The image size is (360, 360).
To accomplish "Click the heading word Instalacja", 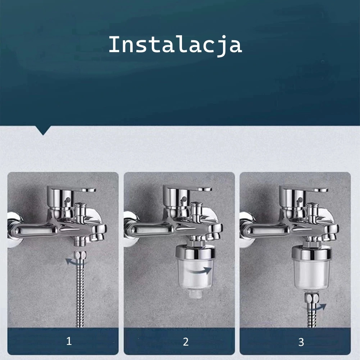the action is tap(175, 45).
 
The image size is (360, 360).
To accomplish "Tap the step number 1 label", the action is tap(69, 341).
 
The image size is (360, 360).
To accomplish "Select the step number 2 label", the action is tap(186, 342).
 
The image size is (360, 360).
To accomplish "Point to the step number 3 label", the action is tap(301, 342).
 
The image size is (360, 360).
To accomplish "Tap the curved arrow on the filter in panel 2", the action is tap(199, 271).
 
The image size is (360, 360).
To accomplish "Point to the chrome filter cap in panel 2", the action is tap(195, 252).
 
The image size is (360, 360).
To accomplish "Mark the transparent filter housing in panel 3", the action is tap(312, 274).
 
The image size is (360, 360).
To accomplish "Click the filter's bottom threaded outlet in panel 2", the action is tap(196, 294).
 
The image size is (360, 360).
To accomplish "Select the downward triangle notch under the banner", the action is tap(43, 130).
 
